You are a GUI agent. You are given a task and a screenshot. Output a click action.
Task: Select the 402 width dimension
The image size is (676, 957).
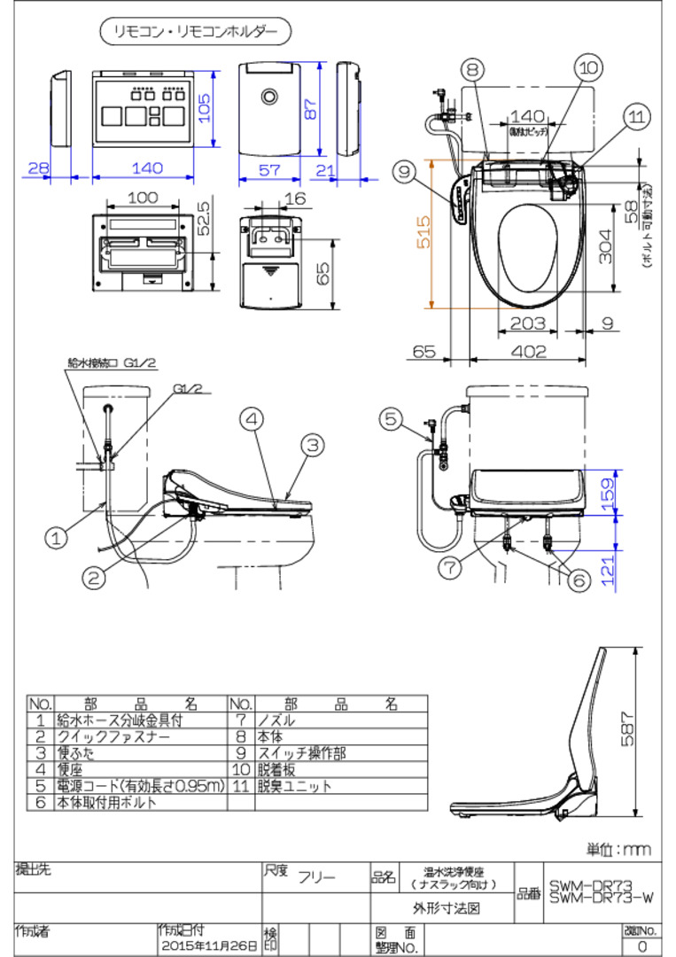coord(528,351)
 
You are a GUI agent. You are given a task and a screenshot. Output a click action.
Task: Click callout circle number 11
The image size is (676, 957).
coord(635,116)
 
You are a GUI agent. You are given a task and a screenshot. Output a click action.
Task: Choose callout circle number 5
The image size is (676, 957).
coord(392,419)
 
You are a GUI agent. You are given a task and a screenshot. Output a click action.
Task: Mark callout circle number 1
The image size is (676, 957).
coord(57,536)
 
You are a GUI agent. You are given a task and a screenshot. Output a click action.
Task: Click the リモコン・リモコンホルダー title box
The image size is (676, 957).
coord(194,32)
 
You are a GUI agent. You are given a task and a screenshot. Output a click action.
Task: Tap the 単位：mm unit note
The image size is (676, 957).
coord(619,849)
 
